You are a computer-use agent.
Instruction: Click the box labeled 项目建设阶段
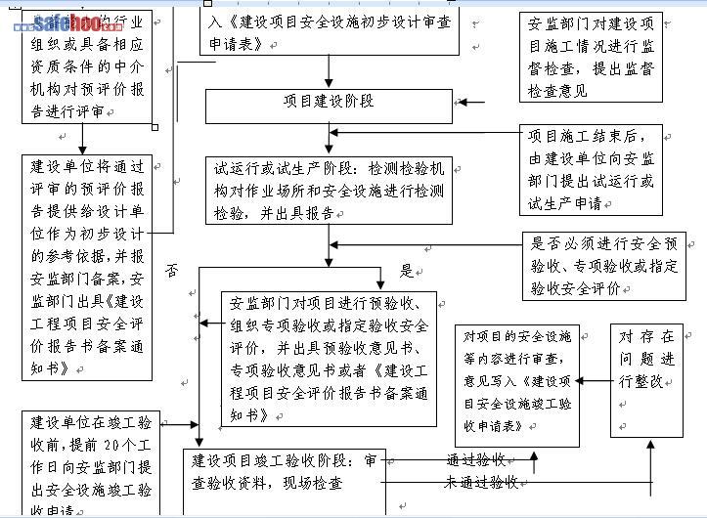[x=329, y=102]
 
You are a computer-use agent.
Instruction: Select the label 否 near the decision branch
[x=172, y=269]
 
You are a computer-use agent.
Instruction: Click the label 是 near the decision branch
[x=407, y=270]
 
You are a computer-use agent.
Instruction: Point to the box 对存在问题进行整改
[x=646, y=381]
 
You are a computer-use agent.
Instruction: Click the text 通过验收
[x=475, y=459]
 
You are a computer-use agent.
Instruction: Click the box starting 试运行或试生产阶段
[x=329, y=190]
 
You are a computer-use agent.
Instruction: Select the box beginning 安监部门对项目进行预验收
[x=329, y=358]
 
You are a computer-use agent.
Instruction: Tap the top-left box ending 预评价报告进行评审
[x=88, y=68]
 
